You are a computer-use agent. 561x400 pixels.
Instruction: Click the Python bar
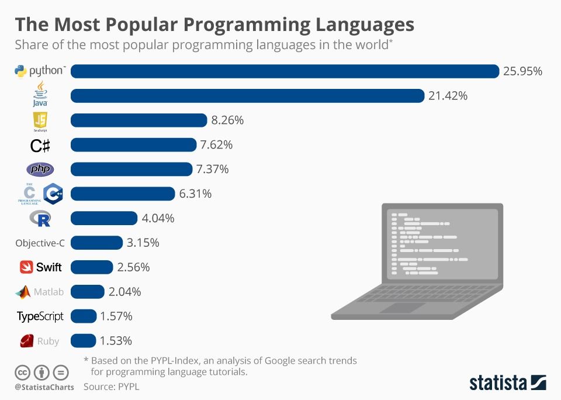285,71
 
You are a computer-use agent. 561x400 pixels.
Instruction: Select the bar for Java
247,96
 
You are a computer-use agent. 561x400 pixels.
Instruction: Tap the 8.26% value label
227,120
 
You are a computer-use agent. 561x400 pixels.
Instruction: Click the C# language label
40,145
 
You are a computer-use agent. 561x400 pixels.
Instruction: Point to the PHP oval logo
40,170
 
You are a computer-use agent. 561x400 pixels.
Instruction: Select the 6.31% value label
195,194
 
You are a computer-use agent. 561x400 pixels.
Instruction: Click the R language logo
40,219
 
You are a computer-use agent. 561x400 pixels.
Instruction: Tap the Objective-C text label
40,243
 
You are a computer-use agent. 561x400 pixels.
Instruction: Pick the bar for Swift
92,267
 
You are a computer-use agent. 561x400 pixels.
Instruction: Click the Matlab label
49,292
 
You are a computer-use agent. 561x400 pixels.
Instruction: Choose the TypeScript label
40,316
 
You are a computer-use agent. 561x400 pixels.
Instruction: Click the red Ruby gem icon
26,341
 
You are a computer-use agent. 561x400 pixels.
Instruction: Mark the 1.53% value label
116,341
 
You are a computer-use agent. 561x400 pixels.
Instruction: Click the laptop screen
441,246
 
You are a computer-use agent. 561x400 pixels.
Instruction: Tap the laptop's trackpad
407,308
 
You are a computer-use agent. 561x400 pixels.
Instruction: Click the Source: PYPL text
112,387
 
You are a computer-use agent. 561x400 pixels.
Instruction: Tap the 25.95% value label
523,71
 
